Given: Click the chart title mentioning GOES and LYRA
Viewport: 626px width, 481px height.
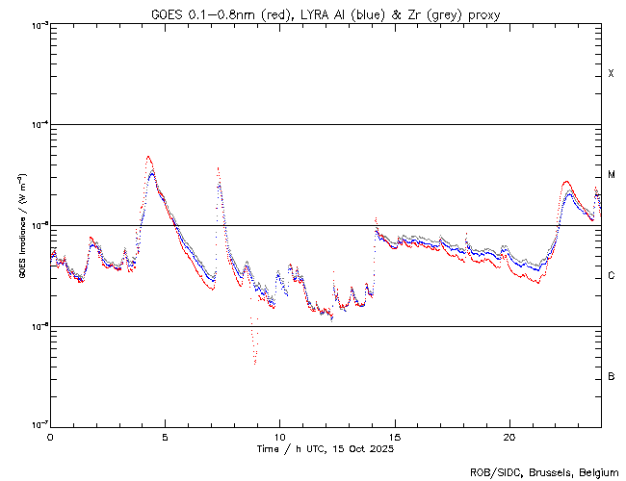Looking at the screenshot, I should (326, 14).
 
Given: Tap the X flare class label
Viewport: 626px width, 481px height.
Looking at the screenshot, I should (611, 74).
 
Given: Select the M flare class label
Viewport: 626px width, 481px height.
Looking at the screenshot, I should (611, 174).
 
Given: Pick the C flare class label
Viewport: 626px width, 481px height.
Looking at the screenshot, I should (611, 276).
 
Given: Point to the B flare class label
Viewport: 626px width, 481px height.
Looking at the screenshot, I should (611, 376).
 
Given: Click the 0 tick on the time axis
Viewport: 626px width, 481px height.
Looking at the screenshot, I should (50, 436).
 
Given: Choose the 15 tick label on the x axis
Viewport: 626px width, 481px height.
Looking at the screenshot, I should (394, 436).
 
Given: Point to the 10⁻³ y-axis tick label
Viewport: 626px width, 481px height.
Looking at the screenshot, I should (38, 25).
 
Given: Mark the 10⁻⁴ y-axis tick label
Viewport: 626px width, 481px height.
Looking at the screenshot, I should (38, 125).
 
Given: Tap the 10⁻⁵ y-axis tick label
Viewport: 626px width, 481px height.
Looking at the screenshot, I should (38, 225).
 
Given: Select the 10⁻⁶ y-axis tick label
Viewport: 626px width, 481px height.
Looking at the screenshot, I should (38, 326).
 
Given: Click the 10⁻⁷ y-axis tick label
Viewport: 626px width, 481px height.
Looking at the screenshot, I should (38, 425).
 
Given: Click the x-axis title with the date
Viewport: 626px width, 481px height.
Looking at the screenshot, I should (325, 448).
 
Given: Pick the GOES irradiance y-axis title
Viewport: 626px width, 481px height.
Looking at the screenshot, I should (21, 226).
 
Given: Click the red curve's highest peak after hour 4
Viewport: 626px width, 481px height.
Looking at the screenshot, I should (148, 156).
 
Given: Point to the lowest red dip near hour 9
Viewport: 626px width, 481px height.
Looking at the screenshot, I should (254, 364).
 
